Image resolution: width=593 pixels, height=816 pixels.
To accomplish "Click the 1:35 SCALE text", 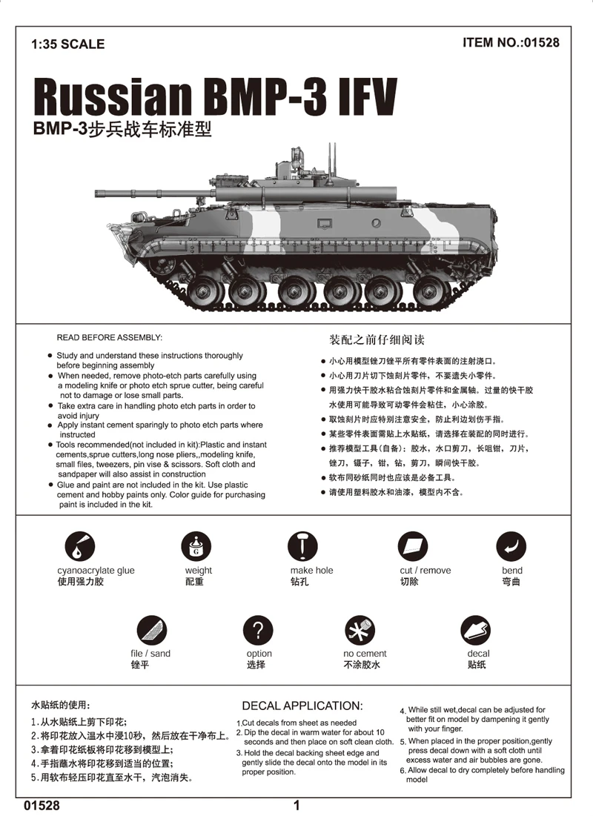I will tap(67, 44).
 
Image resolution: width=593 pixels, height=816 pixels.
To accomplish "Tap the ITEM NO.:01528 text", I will tap(511, 42).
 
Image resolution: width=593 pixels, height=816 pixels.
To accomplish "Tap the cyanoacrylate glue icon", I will tap(79, 547).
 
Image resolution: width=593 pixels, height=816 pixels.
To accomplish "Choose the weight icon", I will tap(196, 547).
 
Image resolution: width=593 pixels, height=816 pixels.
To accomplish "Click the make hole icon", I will tap(302, 547).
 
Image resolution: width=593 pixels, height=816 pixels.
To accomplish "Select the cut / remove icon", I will tap(413, 547).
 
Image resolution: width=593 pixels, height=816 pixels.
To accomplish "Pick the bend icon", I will tap(511, 547).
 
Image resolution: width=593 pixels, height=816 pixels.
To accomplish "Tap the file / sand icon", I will tap(151, 631).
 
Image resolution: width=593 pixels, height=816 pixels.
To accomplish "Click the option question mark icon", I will tap(258, 631).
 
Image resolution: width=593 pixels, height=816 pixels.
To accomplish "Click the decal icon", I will tap(475, 631).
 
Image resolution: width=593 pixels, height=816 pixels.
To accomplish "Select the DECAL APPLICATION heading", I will tap(302, 706).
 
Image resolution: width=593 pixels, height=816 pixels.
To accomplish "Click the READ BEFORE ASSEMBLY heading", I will tap(108, 337).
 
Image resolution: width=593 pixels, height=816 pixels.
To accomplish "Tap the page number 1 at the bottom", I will tap(296, 805).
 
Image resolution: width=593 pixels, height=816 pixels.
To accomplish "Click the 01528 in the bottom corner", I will tap(42, 805).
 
